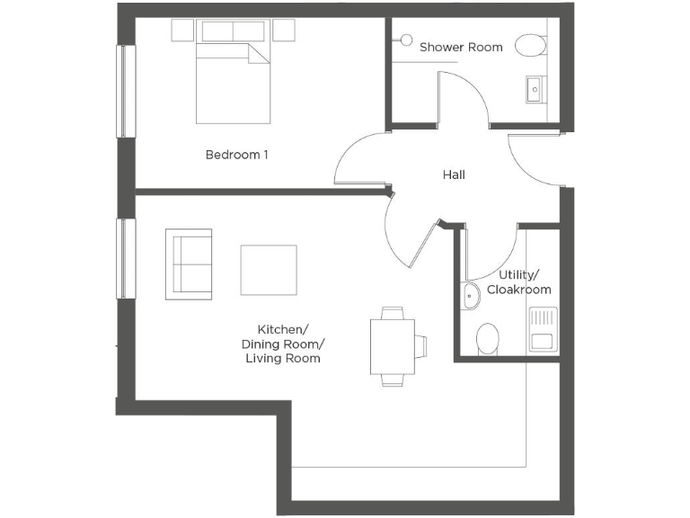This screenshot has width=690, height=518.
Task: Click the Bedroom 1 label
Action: click(237, 155)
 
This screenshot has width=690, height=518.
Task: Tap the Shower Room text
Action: click(461, 46)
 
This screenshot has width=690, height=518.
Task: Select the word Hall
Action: click(454, 174)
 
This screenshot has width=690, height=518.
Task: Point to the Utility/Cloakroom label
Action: click(518, 281)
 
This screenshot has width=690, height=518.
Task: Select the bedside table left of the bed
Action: click(182, 31)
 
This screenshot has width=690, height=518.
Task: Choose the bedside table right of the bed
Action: click(284, 31)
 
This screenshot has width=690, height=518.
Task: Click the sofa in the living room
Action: click(189, 263)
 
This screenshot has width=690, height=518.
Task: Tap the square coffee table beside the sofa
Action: click(269, 270)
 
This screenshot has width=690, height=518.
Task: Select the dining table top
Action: click(392, 346)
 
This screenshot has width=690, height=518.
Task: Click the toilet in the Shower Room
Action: click(531, 45)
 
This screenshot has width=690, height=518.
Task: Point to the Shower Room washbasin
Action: click(535, 88)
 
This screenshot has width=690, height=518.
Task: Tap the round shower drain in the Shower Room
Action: click(405, 40)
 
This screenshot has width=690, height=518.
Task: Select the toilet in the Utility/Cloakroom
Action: click(487, 339)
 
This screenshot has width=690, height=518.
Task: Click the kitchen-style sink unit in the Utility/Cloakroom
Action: click(543, 329)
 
